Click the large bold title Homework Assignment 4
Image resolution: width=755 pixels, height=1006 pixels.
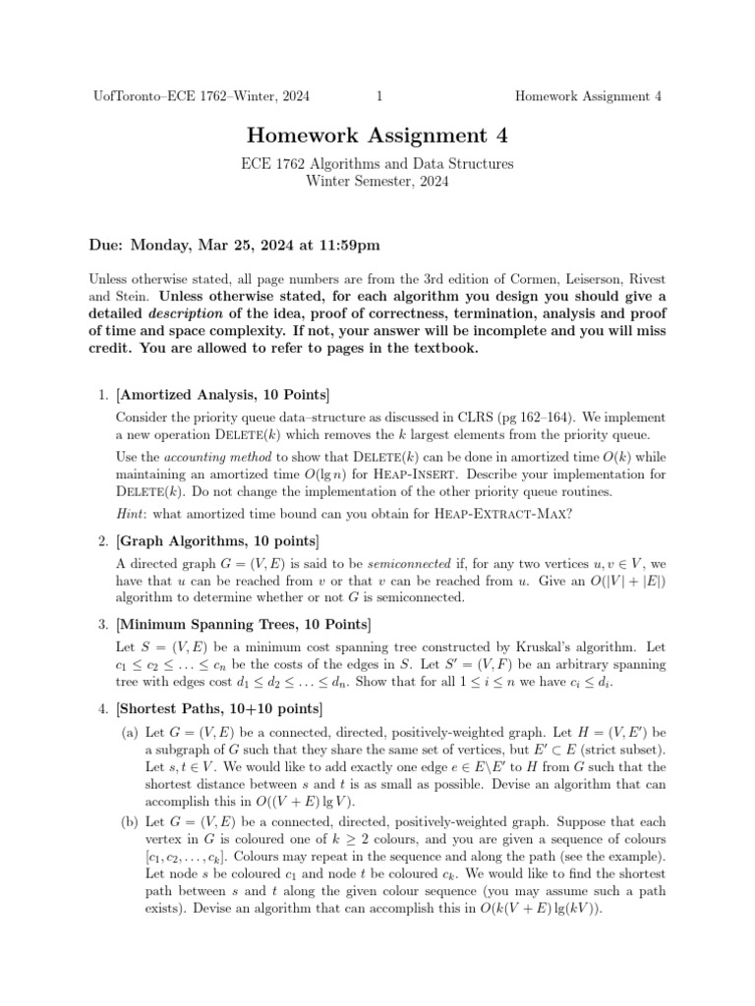(377, 136)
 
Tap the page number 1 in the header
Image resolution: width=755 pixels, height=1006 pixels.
(378, 95)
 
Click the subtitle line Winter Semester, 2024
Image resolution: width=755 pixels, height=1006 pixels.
(377, 181)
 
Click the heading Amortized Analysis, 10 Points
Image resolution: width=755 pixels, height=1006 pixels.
(224, 395)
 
